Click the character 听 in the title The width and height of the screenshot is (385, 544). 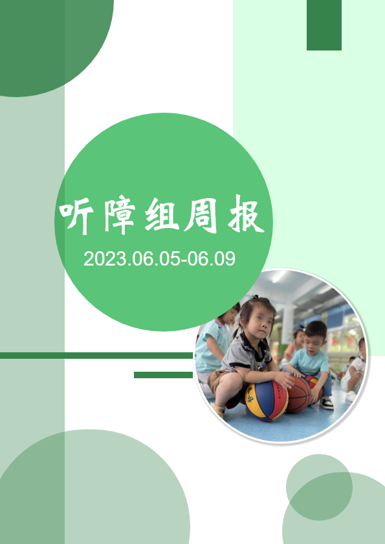pos(76,218)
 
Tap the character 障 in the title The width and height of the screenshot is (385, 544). pos(119,216)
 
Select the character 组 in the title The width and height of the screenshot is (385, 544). pos(162,215)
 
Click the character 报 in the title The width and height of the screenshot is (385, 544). pos(246,214)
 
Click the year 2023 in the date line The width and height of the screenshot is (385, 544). pos(104,259)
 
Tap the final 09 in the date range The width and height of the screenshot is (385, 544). pos(225,259)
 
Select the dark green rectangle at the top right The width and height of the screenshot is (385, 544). pos(324,25)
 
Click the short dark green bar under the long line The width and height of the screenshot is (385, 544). pos(163,375)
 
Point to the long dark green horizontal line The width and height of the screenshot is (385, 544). pos(96,356)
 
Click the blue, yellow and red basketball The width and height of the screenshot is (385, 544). pos(267,401)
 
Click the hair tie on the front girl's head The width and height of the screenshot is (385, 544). pos(255,297)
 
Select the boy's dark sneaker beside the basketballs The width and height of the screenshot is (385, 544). pos(327,403)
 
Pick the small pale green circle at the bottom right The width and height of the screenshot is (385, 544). pos(319,487)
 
